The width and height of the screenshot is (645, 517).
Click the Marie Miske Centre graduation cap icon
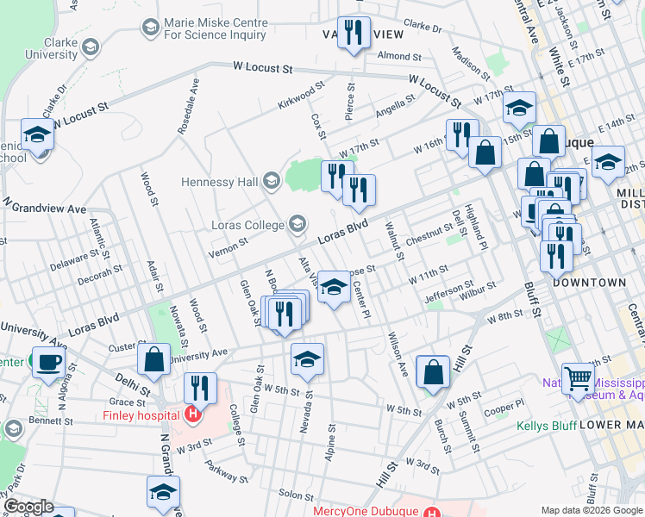coord(151,28)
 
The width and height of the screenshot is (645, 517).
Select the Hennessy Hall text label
coord(220,181)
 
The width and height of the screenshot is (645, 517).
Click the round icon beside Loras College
coord(297,224)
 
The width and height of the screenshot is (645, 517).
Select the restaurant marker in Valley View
coord(354,33)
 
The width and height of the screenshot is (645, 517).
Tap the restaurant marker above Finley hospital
coord(200,388)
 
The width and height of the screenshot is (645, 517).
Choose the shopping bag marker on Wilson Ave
coord(433,371)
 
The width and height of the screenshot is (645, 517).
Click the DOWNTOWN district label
coord(589,282)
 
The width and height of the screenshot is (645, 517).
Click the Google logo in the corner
coord(28,507)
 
